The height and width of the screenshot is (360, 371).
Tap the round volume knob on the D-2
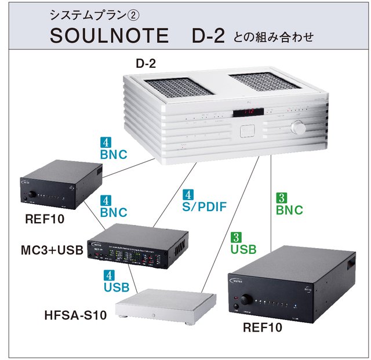299,128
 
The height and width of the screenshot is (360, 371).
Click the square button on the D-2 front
245,130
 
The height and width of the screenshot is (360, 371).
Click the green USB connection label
243,250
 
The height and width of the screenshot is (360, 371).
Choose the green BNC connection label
288,210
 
